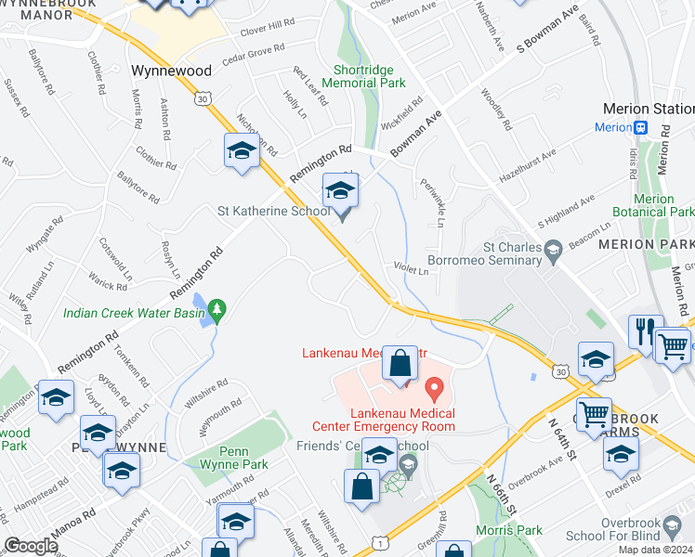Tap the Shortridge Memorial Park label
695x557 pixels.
[370, 76]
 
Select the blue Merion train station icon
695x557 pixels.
[640, 127]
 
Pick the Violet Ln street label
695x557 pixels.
[410, 271]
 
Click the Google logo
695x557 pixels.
[31, 546]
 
